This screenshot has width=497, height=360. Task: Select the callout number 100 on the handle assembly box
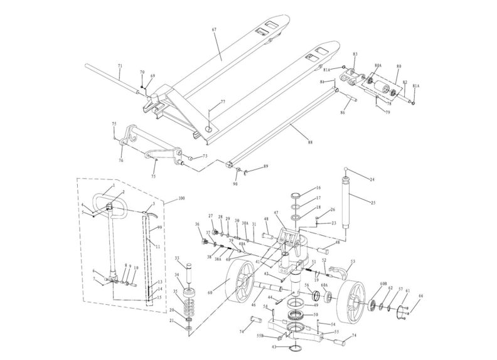click(x=182, y=199)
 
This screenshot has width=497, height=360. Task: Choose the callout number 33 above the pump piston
click(x=177, y=258)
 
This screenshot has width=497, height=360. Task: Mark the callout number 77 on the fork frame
click(x=222, y=102)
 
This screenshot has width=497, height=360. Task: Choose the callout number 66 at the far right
click(x=420, y=295)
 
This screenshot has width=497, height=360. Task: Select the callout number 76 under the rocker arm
click(x=120, y=161)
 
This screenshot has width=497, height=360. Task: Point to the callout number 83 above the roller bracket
click(x=355, y=55)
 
